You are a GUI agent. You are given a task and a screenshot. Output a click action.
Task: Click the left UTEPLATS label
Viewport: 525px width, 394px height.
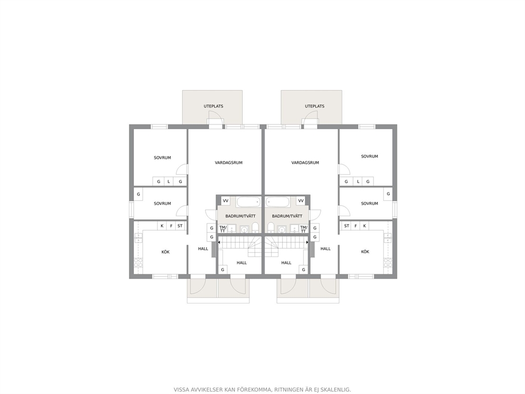click(213, 106)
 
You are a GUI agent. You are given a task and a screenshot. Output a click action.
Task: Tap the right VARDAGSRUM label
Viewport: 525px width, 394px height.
click(305, 163)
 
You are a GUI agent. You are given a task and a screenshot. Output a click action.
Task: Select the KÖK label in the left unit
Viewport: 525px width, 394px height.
click(166, 252)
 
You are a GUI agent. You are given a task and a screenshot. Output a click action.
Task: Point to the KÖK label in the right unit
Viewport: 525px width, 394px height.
click(365, 252)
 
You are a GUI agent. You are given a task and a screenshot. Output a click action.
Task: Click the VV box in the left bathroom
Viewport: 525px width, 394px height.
click(225, 201)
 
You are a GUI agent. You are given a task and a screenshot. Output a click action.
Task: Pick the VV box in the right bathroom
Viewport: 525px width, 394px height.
click(301, 201)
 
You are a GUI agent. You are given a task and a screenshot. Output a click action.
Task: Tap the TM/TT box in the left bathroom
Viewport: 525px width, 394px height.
click(223, 229)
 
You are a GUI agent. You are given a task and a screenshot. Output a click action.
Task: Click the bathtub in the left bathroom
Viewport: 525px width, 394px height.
click(248, 202)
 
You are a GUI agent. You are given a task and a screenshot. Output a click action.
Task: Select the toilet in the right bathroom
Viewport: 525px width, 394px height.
click(270, 228)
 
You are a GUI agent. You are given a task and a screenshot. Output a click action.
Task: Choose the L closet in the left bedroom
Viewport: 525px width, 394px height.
click(169, 182)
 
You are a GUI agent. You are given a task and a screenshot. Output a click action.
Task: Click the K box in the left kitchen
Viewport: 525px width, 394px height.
click(162, 226)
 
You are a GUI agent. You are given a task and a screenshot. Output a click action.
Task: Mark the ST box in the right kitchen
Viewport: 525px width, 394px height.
click(347, 226)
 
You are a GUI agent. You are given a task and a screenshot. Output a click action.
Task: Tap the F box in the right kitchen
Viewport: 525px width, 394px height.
click(356, 226)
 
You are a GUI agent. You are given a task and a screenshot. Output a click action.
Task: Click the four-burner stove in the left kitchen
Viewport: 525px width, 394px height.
click(138, 263)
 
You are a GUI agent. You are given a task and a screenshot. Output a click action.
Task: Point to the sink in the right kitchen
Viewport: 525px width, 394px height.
click(388, 238)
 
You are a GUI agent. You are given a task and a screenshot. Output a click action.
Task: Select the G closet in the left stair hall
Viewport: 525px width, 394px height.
click(223, 270)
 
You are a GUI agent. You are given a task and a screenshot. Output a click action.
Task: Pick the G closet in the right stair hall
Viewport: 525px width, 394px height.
click(304, 270)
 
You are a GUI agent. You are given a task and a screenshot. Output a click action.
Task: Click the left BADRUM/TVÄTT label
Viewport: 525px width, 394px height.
click(240, 217)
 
